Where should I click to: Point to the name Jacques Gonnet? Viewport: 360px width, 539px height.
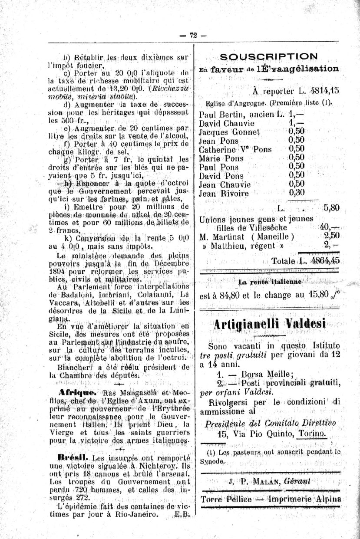point(229,132)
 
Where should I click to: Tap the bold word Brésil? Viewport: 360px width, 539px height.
point(73,457)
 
